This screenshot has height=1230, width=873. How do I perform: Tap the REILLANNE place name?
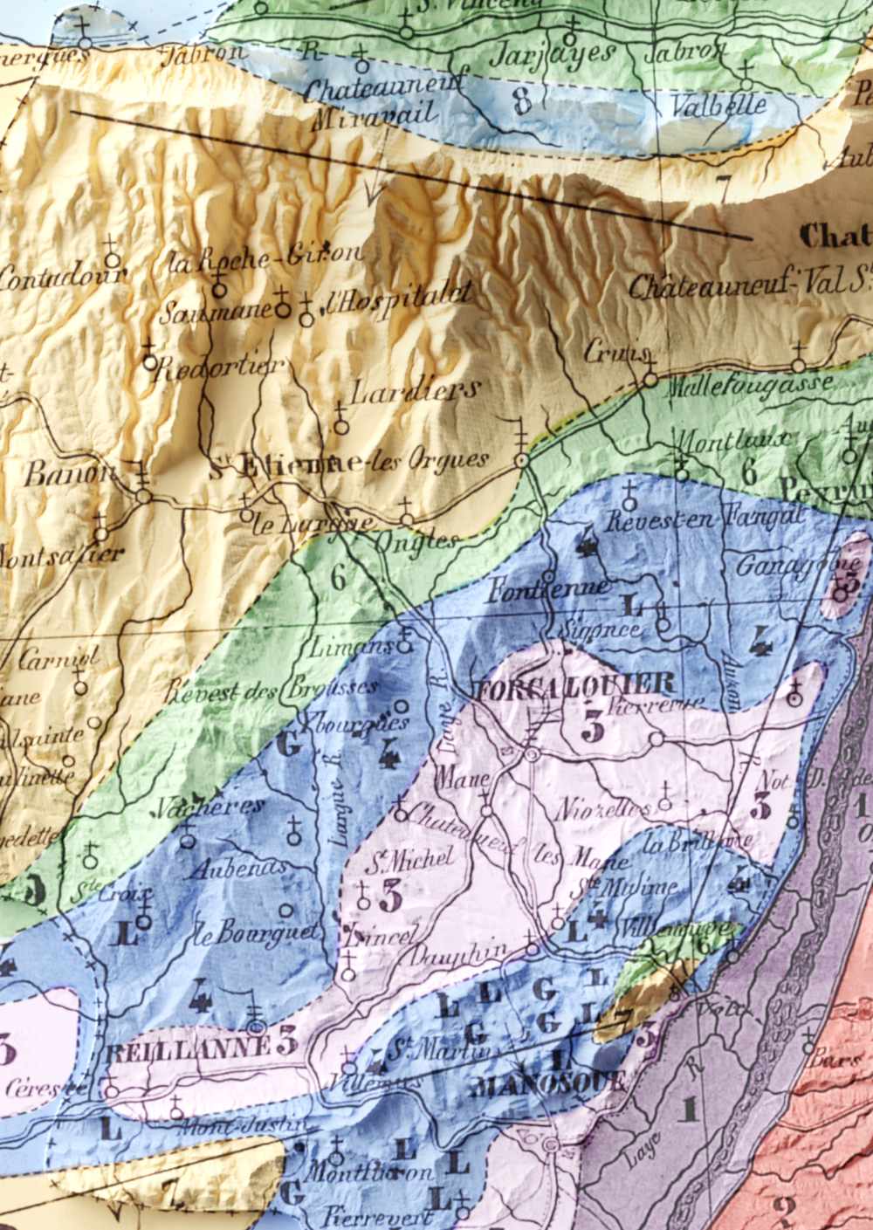[x=186, y=1051]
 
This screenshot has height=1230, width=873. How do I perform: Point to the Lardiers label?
[x=415, y=389]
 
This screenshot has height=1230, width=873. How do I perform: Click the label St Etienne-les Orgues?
[x=349, y=463]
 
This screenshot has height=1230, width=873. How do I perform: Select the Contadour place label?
[x=61, y=278]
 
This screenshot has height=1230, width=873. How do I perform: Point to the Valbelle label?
[x=718, y=107]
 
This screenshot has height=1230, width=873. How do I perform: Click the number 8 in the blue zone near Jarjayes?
[x=522, y=102]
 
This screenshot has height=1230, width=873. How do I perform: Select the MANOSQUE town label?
[x=547, y=1084]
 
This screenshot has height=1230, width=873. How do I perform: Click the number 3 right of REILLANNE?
[x=287, y=1042]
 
